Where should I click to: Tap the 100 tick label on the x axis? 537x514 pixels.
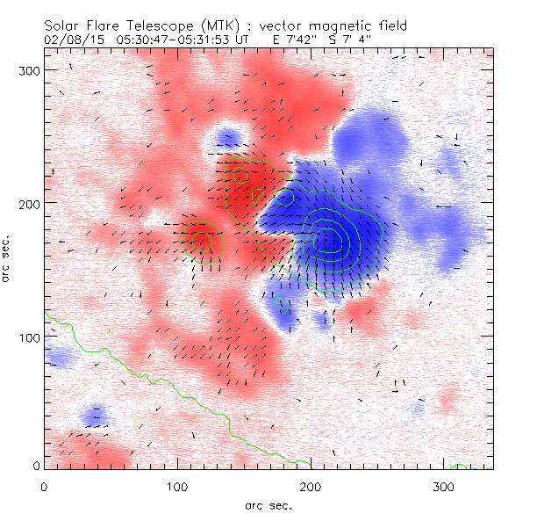pyautogui.click(x=177, y=486)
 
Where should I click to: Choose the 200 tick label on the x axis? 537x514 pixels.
pyautogui.click(x=311, y=486)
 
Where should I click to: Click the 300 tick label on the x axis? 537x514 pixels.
pyautogui.click(x=444, y=486)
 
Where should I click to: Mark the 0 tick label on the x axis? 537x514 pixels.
pyautogui.click(x=44, y=486)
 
